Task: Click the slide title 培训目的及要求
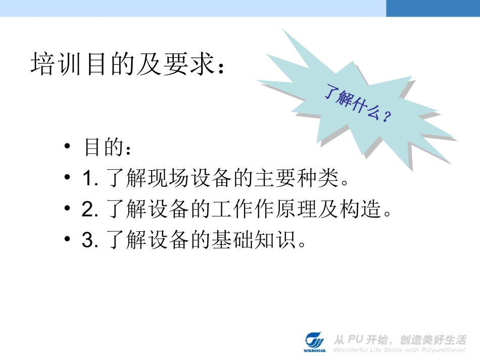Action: [x=127, y=65]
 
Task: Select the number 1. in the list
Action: [x=90, y=179]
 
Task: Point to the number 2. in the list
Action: [x=90, y=210]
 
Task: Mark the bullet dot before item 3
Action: [x=67, y=239]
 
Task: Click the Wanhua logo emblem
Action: [x=317, y=341]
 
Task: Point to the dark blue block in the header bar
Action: [x=433, y=8]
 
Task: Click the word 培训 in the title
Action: [x=50, y=65]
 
